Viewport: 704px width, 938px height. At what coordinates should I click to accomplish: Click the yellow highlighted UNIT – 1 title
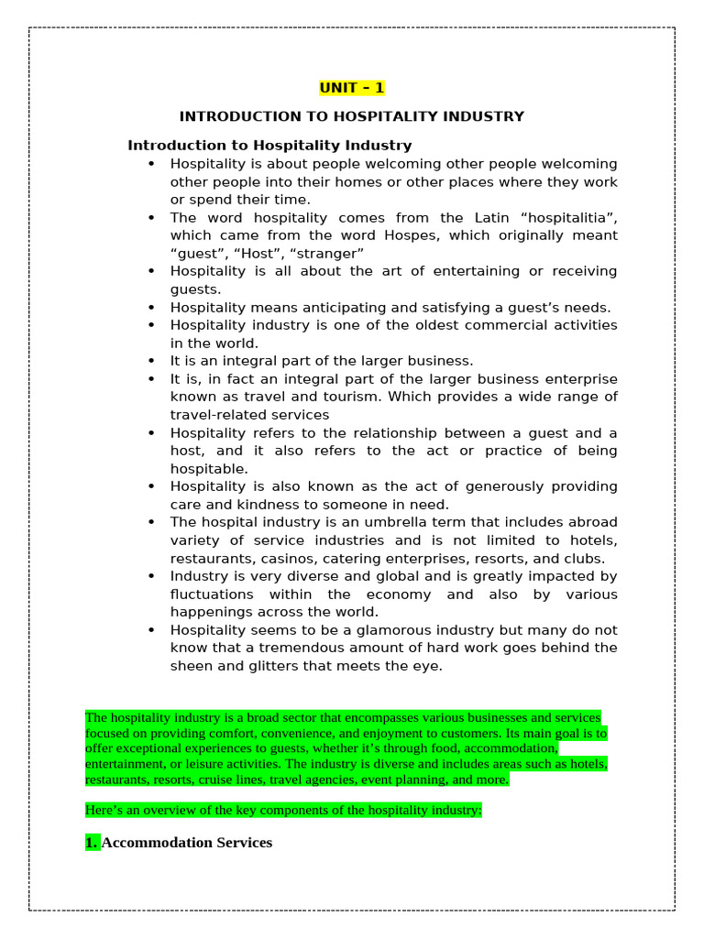pyautogui.click(x=352, y=88)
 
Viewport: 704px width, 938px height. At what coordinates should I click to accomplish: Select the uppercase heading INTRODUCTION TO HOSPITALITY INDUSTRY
pyautogui.click(x=352, y=116)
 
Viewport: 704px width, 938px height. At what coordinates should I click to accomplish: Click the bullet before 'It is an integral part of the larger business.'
pyautogui.click(x=151, y=361)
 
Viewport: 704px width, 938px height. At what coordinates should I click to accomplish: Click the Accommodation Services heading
pyautogui.click(x=186, y=842)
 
